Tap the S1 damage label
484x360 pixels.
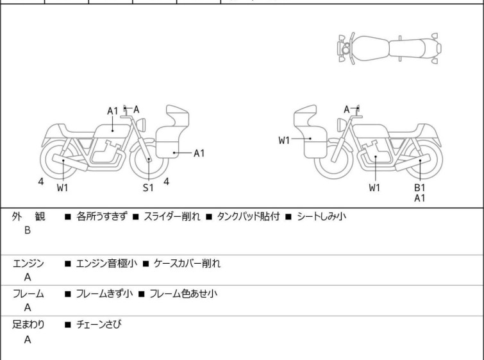pyautogui.click(x=148, y=187)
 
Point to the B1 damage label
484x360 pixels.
pyautogui.click(x=419, y=187)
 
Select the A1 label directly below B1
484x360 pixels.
pyautogui.click(x=419, y=198)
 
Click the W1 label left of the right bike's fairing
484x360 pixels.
pyautogui.click(x=285, y=141)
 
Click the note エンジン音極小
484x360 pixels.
pyautogui.click(x=105, y=263)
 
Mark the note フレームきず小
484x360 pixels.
pyautogui.click(x=104, y=294)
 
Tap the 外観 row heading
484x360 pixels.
pyautogui.click(x=28, y=217)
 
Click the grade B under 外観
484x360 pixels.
pyautogui.click(x=28, y=230)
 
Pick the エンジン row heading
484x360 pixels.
pyautogui.click(x=28, y=263)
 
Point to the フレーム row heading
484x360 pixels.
pyautogui.click(x=28, y=294)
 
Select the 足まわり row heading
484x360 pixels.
pyautogui.click(x=28, y=325)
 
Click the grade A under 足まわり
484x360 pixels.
pyautogui.click(x=28, y=339)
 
